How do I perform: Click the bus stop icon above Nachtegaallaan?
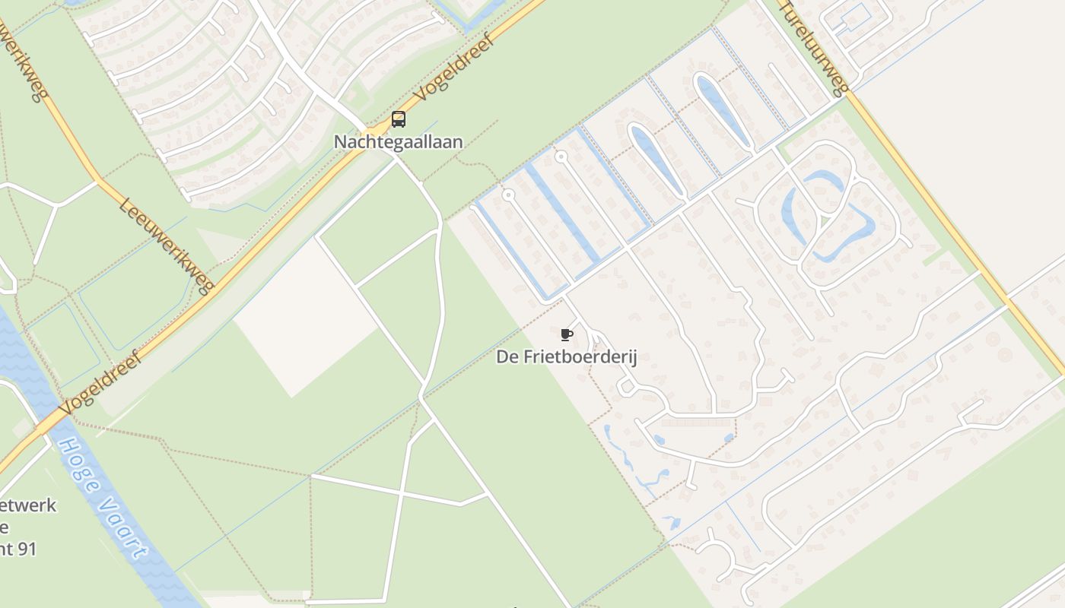tap(399, 119)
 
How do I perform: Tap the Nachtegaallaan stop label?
tap(399, 141)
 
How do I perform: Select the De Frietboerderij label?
tap(566, 356)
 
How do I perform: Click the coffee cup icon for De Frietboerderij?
tap(566, 334)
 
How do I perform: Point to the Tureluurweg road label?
tap(812, 48)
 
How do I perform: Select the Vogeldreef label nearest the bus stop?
tap(454, 68)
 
